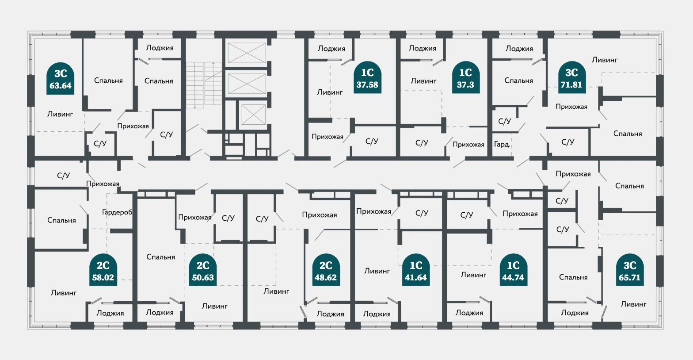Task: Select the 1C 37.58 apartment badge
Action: (367, 77)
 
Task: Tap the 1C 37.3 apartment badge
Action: (466, 77)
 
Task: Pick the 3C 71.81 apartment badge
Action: (572, 77)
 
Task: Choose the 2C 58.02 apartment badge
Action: (103, 270)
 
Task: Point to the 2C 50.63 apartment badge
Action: (203, 270)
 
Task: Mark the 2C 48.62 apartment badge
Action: (326, 270)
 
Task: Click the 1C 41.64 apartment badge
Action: (416, 270)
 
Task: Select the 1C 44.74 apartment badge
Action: (513, 270)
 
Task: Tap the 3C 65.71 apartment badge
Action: (629, 270)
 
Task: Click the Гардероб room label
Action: (117, 212)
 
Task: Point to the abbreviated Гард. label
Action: (502, 144)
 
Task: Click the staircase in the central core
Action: (204, 85)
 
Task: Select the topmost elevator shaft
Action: (247, 53)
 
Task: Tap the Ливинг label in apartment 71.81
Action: (605, 60)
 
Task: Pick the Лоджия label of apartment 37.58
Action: (331, 49)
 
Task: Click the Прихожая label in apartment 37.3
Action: (468, 145)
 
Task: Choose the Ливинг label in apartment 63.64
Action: (60, 114)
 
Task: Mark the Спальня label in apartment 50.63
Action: (160, 257)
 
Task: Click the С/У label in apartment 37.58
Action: (372, 142)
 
